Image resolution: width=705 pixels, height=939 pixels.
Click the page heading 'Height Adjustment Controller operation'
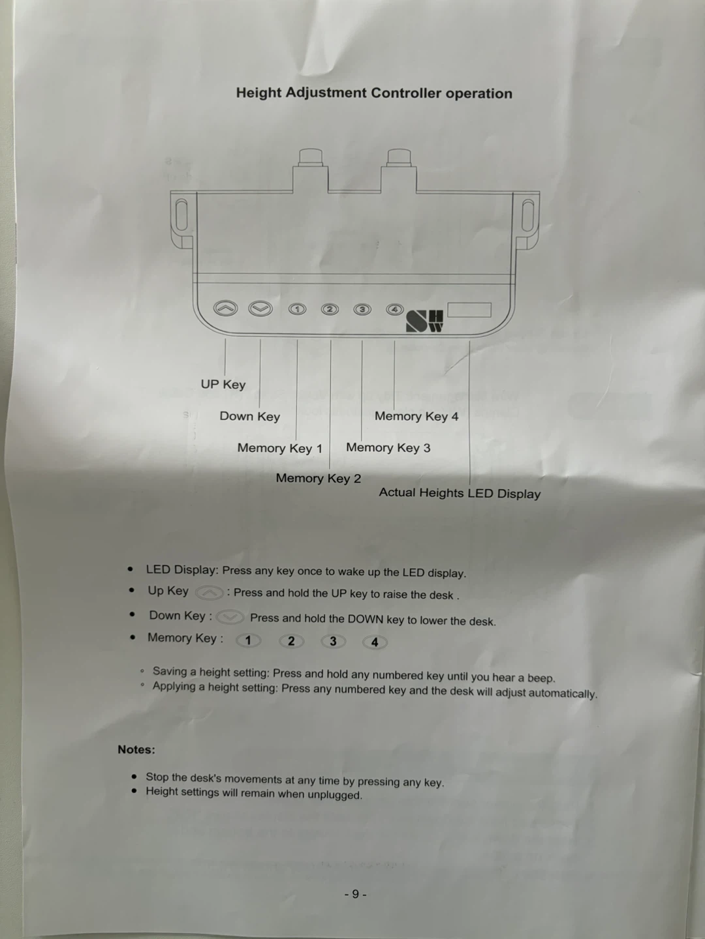tap(374, 93)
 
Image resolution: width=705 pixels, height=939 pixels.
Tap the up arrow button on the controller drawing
tap(226, 308)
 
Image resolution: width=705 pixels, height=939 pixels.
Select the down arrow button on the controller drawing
tap(260, 308)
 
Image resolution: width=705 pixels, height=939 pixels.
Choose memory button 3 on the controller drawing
tap(362, 309)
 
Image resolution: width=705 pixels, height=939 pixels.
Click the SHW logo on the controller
tap(424, 321)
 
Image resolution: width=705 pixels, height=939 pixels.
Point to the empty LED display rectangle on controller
tap(469, 310)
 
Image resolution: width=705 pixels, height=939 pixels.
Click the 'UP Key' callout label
tap(223, 384)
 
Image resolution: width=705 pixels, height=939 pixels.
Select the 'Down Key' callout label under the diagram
tap(249, 416)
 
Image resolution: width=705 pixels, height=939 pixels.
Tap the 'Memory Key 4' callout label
tap(416, 416)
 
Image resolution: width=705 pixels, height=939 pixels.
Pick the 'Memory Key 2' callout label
tap(318, 478)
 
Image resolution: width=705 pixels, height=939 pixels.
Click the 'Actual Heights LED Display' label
tap(460, 493)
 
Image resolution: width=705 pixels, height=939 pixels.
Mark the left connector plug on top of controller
tap(311, 170)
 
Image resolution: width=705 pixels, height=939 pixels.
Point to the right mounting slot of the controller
tap(528, 215)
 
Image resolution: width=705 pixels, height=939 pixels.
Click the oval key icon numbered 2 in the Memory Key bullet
tap(291, 641)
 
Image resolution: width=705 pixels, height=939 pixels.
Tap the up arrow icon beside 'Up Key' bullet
tap(210, 593)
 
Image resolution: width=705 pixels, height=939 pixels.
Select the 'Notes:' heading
tap(136, 749)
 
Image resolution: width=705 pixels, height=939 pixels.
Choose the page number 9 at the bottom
tap(355, 894)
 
